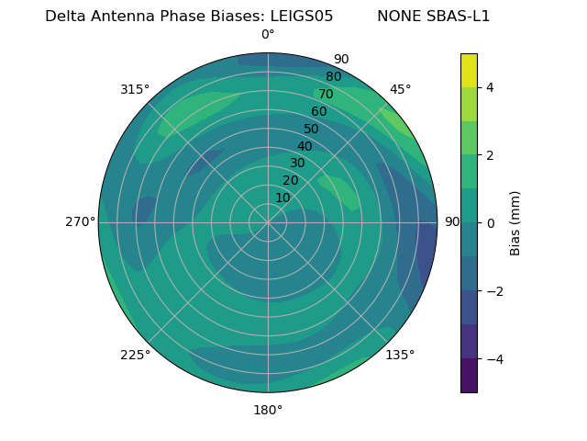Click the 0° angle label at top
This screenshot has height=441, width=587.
268,35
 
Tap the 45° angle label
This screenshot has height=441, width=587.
400,89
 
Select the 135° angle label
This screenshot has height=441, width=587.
400,355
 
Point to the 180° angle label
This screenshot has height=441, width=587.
268,410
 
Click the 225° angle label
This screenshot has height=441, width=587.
135,355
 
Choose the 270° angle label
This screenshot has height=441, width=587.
80,221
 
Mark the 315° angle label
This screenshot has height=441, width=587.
135,89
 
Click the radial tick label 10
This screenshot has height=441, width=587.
282,198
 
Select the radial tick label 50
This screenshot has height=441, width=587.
311,129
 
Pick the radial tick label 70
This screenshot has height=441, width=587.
326,94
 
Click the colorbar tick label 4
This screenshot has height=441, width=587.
490,87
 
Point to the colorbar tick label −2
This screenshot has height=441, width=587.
493,291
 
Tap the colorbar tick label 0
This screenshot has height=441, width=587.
490,223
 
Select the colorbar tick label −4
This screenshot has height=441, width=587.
493,359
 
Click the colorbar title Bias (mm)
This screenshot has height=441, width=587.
515,223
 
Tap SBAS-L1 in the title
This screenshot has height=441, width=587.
460,17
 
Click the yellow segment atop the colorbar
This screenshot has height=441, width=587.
469,70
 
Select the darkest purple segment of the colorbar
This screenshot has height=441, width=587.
469,376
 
